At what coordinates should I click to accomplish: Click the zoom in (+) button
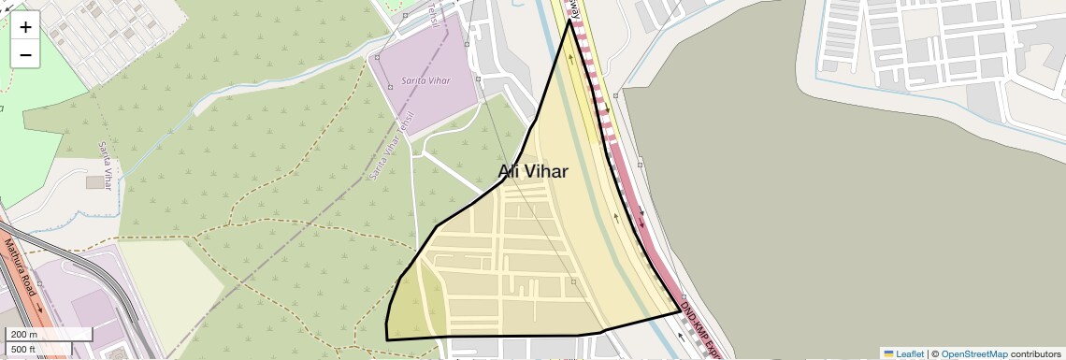click(x=25, y=26)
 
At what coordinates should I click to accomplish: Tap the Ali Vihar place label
click(x=533, y=171)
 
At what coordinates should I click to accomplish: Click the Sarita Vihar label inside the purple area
click(x=425, y=80)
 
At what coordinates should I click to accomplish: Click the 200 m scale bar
click(x=50, y=334)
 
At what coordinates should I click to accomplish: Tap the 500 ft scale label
click(x=24, y=350)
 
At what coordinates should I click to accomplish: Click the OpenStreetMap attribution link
click(x=973, y=353)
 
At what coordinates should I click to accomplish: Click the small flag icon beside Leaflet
click(x=889, y=353)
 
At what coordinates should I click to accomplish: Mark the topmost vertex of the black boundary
click(x=569, y=21)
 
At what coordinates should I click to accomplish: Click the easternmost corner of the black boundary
click(x=680, y=311)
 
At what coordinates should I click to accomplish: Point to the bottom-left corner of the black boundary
click(x=386, y=339)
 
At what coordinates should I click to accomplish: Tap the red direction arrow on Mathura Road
click(x=38, y=306)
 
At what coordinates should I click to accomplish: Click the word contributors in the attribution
click(x=1035, y=353)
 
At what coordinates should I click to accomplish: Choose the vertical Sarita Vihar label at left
click(x=106, y=166)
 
